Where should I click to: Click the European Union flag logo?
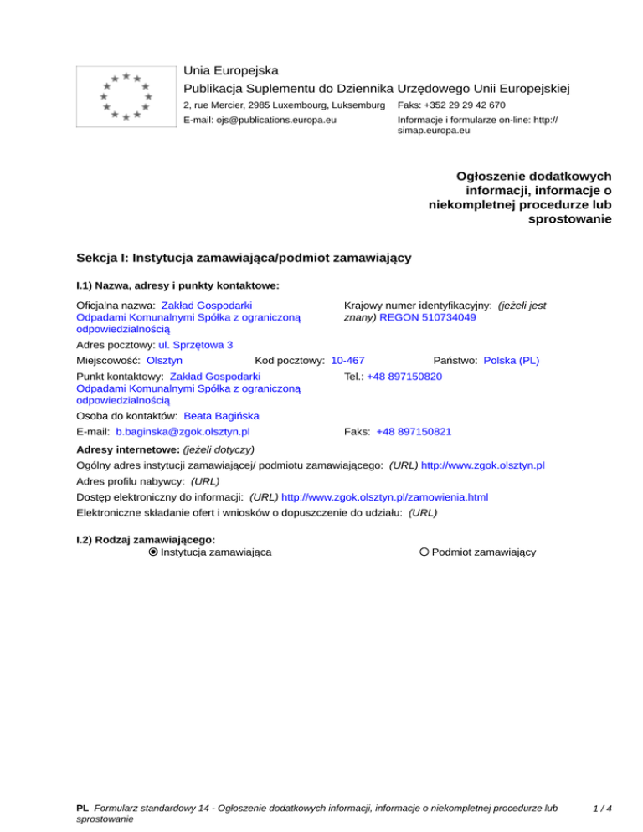[125, 96]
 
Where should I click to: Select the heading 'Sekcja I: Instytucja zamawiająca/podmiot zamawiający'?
[243, 258]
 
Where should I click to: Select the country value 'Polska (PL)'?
[512, 361]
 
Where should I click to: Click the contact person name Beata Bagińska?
[221, 416]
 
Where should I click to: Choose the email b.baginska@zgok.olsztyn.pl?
[183, 432]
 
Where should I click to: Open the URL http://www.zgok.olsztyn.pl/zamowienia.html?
[385, 496]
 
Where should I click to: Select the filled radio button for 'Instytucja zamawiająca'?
[153, 552]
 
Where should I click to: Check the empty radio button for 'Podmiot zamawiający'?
[425, 552]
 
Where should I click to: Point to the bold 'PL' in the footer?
[82, 809]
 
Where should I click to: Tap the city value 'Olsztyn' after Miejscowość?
[165, 361]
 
